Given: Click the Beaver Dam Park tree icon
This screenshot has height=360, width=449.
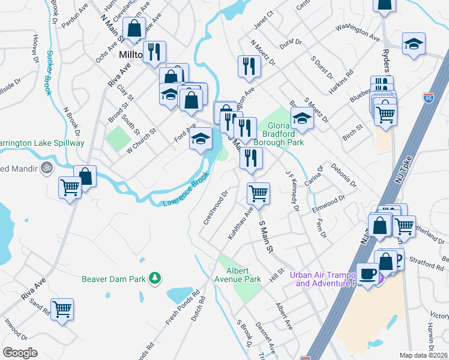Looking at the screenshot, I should [155, 278].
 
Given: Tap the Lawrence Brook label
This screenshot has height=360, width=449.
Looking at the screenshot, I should [186, 190].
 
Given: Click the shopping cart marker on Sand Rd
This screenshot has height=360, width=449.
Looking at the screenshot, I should [62, 310].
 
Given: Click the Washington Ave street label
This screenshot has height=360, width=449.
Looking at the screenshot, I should [358, 32].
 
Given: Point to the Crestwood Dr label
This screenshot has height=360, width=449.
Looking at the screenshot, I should [215, 208].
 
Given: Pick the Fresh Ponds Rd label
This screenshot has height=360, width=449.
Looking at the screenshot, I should [179, 310].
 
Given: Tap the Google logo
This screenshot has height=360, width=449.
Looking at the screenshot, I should [20, 352].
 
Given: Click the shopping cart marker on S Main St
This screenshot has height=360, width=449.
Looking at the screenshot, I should [259, 194].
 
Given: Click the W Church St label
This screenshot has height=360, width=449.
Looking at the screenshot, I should [141, 138].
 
